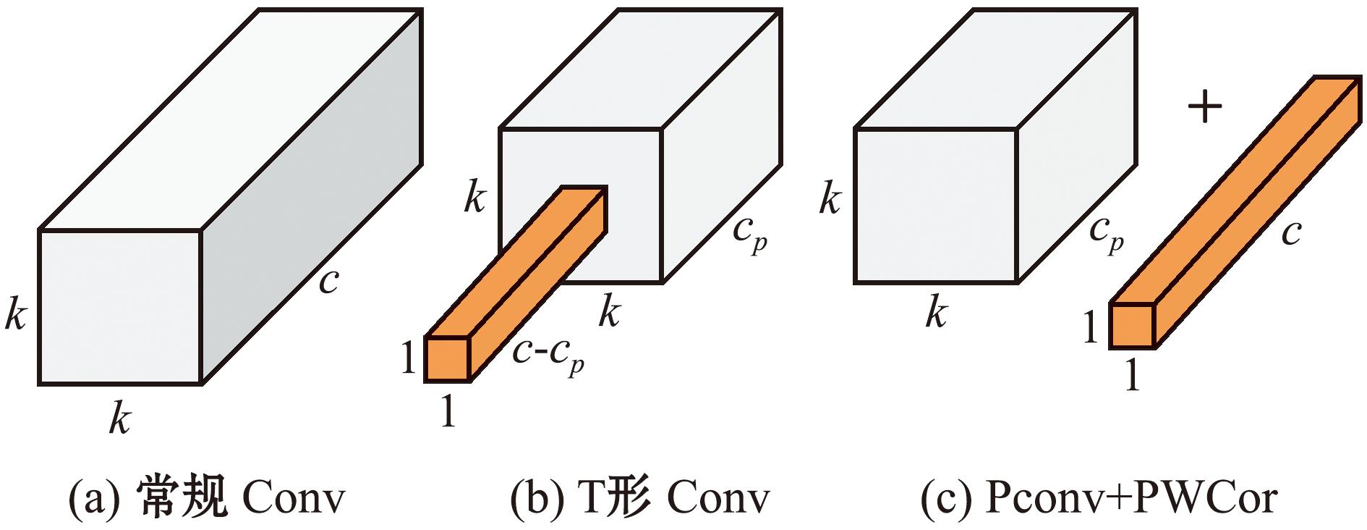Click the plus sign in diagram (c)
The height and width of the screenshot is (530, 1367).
tap(1205, 109)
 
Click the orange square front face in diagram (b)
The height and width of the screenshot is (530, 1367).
tap(448, 359)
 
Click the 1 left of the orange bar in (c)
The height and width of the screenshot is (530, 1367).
tap(1091, 328)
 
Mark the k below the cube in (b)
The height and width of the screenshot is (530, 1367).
tap(610, 313)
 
